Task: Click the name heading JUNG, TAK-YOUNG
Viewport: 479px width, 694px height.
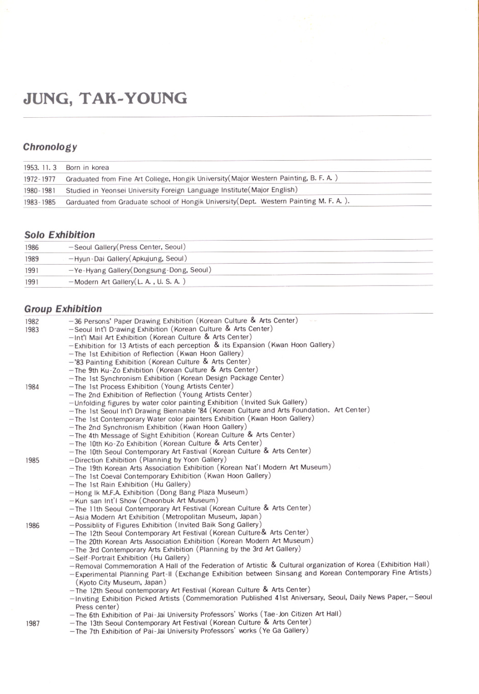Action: (105, 98)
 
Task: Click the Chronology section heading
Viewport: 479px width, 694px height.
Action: (50, 147)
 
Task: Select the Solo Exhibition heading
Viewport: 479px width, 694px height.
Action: (60, 235)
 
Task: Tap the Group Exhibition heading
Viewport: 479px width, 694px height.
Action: (63, 309)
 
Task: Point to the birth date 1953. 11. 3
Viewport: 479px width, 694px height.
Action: (40, 168)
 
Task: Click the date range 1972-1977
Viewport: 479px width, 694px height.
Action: (40, 179)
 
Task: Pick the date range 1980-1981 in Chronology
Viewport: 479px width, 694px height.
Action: (40, 190)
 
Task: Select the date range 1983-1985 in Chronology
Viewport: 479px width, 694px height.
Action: (40, 202)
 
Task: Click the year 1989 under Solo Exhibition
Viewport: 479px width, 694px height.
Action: (32, 259)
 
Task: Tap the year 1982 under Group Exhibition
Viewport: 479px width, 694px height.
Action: (32, 321)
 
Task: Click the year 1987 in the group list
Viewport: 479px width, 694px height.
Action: (33, 624)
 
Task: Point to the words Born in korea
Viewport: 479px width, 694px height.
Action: (87, 168)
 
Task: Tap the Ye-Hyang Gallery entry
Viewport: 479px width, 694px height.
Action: (140, 270)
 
